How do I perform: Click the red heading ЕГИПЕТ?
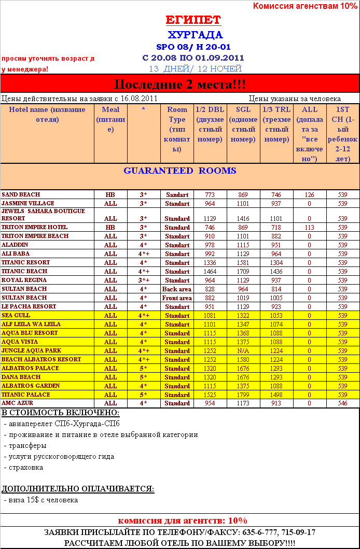(193, 20)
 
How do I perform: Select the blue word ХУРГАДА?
(195, 35)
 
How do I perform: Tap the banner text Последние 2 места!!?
(179, 84)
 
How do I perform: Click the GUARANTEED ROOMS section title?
(179, 171)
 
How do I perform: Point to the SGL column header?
(243, 109)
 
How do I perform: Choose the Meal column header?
(110, 109)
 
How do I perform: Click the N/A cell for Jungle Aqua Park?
(243, 351)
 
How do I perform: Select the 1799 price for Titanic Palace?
(243, 395)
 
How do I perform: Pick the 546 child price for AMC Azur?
(342, 403)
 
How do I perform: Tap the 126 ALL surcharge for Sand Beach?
(309, 195)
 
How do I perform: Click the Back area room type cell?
(177, 289)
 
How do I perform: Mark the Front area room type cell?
(177, 298)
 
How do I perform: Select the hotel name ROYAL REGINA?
(24, 280)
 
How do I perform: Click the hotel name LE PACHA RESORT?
(29, 306)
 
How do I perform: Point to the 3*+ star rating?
(144, 280)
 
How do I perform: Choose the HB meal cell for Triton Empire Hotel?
(110, 228)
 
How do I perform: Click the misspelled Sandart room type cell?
(177, 195)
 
